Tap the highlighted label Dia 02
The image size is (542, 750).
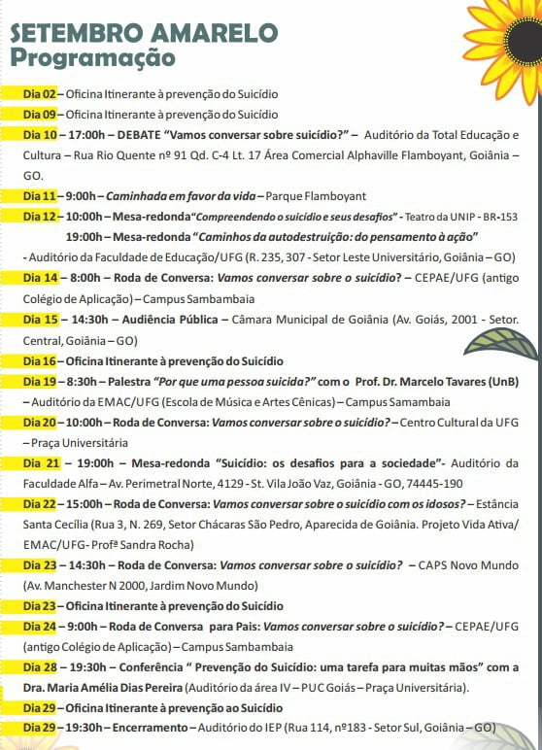pyautogui.click(x=40, y=95)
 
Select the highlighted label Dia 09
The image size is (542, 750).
pyautogui.click(x=40, y=115)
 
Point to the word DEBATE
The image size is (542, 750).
pyautogui.click(x=142, y=135)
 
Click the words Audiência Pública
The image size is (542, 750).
pyautogui.click(x=174, y=319)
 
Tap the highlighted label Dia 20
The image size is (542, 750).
pyautogui.click(x=40, y=423)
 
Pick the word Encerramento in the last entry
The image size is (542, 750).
pyautogui.click(x=145, y=728)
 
